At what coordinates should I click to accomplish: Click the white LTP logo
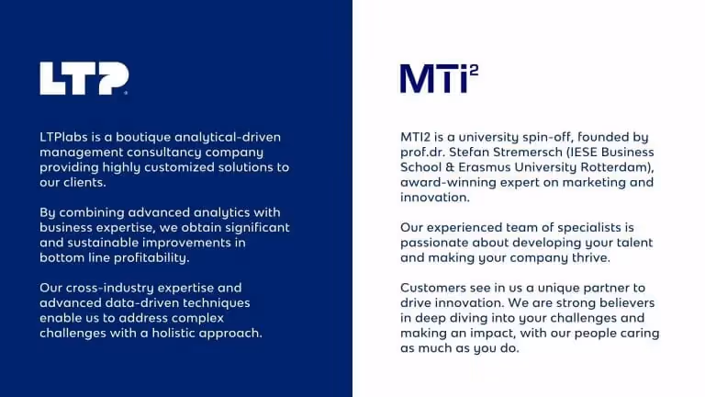[84, 79]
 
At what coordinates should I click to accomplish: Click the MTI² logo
[439, 78]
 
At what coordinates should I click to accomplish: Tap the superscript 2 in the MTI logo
[473, 70]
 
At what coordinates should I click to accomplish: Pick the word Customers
[434, 288]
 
